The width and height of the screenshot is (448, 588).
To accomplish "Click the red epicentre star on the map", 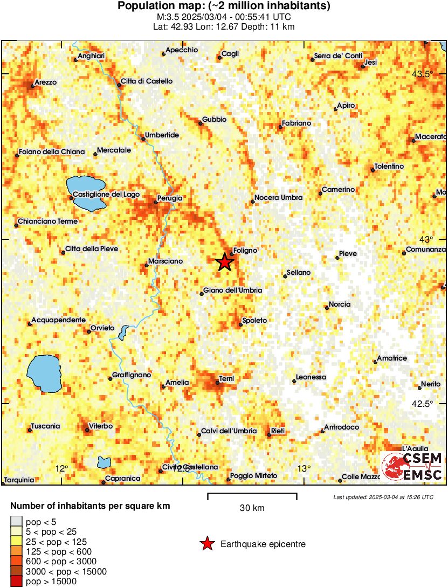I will (224, 262).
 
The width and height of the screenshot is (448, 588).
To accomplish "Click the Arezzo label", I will (46, 83).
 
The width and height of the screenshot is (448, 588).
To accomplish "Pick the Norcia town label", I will (340, 305).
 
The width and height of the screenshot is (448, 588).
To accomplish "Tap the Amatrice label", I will (392, 358).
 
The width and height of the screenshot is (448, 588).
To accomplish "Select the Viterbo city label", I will (101, 426).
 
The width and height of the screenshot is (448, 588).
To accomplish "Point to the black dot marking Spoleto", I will (240, 324).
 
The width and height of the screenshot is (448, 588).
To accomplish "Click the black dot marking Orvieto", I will (89, 331).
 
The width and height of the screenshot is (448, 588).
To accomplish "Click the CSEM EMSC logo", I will (412, 466).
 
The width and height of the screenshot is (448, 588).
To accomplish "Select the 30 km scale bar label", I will (252, 508).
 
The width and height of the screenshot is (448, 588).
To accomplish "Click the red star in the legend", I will (206, 544).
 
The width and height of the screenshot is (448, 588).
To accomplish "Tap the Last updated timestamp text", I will (383, 497).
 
